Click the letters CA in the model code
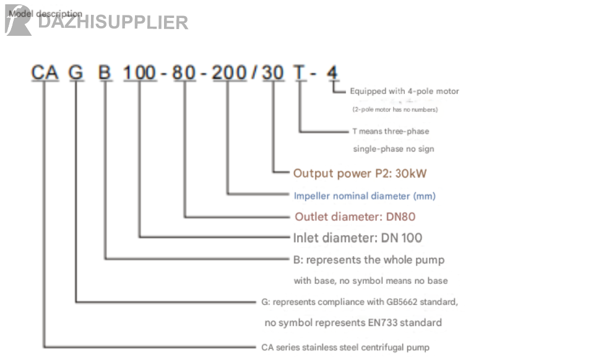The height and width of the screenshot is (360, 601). (x=45, y=73)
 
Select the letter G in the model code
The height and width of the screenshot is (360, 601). (x=76, y=73)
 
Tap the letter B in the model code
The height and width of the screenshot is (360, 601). (x=105, y=73)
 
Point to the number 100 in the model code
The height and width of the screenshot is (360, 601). (x=140, y=73)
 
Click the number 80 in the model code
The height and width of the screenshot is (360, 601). (x=184, y=73)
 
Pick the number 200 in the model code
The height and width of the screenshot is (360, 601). (x=229, y=73)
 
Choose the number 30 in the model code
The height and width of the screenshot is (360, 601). (x=272, y=73)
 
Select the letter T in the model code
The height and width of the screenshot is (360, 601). (x=300, y=73)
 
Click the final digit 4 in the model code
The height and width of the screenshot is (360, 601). (x=332, y=73)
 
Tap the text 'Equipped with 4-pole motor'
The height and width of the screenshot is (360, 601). (x=404, y=92)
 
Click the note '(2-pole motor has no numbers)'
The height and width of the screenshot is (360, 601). (x=395, y=109)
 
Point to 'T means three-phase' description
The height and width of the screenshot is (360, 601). (x=391, y=131)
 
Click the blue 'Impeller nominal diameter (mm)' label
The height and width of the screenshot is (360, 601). (x=365, y=196)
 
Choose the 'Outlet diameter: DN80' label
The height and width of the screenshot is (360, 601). (x=355, y=216)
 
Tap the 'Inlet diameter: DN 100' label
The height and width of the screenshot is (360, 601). (x=358, y=238)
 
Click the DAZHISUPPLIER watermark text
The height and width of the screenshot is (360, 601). (x=113, y=23)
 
